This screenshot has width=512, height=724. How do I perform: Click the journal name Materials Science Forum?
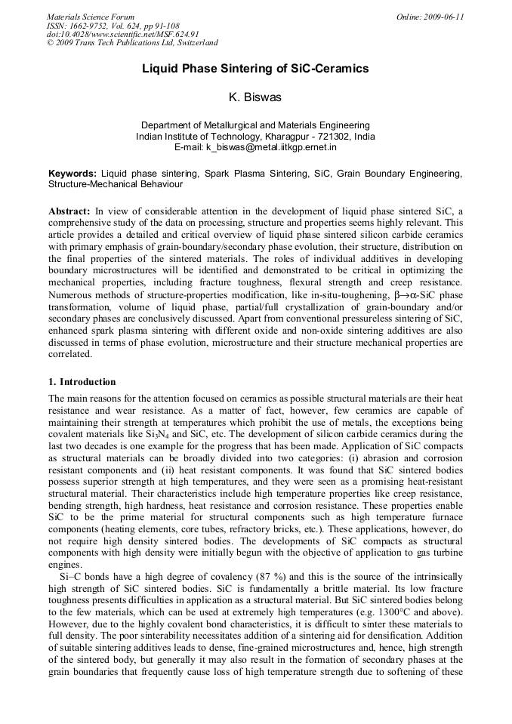pyautogui.click(x=91, y=17)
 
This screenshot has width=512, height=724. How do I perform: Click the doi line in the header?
pyautogui.click(x=123, y=35)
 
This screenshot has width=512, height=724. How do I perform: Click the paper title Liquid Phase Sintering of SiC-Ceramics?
pyautogui.click(x=255, y=69)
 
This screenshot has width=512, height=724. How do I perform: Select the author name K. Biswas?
pyautogui.click(x=255, y=98)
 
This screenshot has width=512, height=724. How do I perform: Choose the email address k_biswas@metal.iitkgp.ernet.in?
pyautogui.click(x=276, y=147)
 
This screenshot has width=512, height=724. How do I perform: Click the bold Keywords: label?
pyautogui.click(x=72, y=174)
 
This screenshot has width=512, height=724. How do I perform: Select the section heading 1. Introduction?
pyautogui.click(x=82, y=382)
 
